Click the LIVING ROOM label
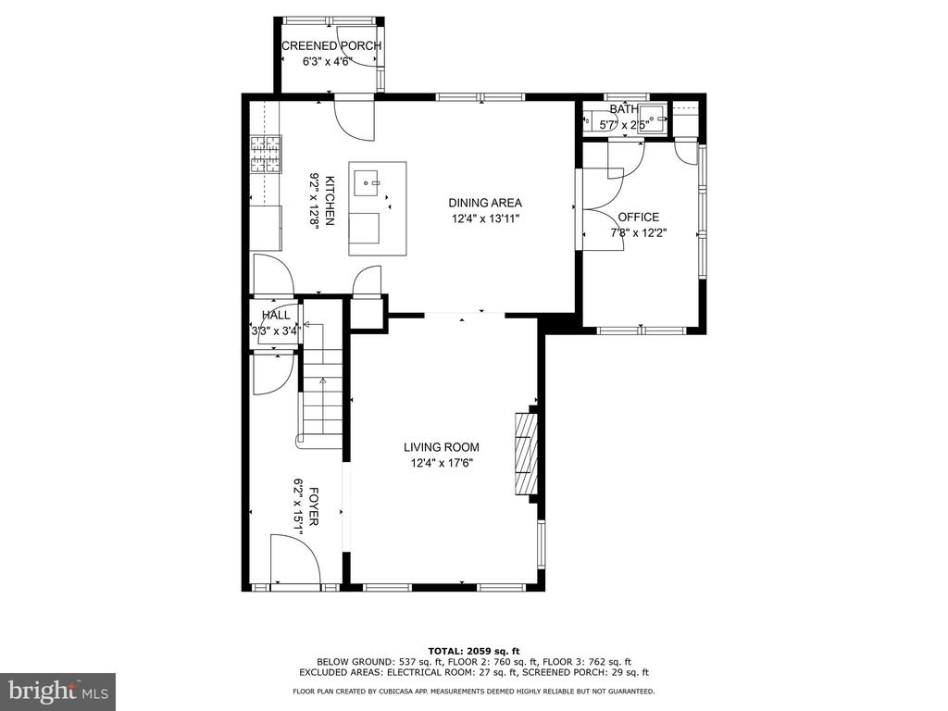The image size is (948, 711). point(442,447)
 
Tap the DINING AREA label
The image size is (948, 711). point(485,203)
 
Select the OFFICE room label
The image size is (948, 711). point(639,217)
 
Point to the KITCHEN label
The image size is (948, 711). point(331,200)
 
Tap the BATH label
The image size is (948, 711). point(623,109)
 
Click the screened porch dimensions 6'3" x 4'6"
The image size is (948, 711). point(327,61)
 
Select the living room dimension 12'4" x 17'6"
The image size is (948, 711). point(442,464)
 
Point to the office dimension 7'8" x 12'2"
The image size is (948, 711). point(639,232)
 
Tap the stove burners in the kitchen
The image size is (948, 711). point(266,154)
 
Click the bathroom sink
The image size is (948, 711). point(653,115)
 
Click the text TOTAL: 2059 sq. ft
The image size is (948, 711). point(473,651)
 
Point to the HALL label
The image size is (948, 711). point(276,315)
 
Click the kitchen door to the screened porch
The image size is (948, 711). point(355,118)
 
